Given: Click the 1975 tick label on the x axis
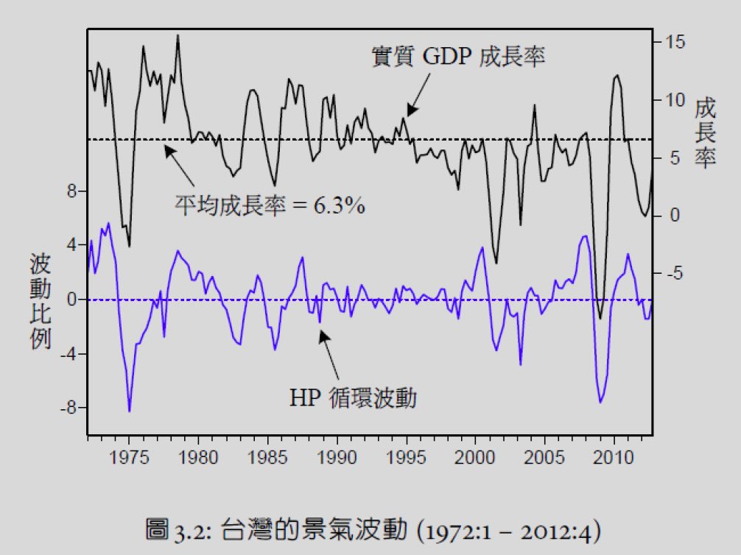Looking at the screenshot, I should click(x=129, y=458).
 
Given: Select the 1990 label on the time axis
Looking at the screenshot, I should click(x=338, y=458).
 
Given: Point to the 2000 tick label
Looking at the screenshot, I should click(x=476, y=458).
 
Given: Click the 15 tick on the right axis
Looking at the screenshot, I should click(x=676, y=42).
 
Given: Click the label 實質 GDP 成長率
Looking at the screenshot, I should click(x=458, y=57).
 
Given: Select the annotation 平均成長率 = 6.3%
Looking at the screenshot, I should click(x=270, y=205).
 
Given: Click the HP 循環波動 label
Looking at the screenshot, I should click(x=353, y=398).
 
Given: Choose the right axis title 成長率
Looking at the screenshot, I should click(x=705, y=134).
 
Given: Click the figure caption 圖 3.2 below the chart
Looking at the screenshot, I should click(x=370, y=529).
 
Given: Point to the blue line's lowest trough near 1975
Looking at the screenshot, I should click(x=130, y=411).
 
